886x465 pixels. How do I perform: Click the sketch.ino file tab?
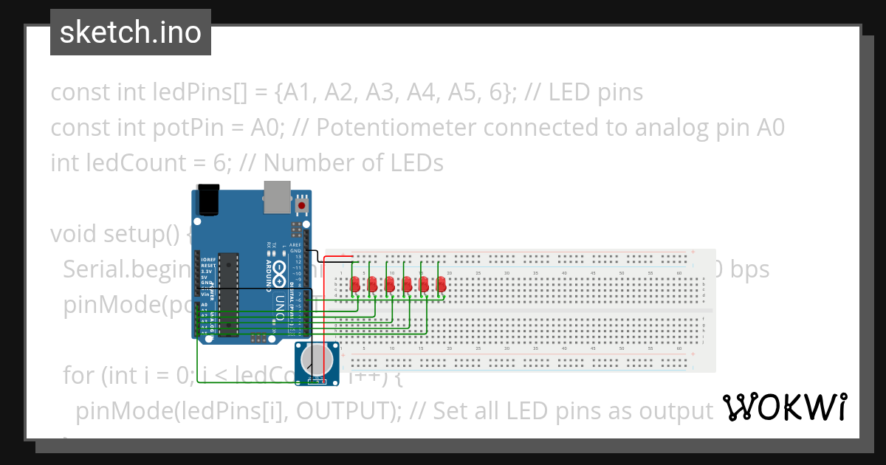(130, 32)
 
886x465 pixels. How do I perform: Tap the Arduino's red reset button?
(301, 204)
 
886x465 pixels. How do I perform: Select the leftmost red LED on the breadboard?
(355, 283)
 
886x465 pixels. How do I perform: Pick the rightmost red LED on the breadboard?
(442, 283)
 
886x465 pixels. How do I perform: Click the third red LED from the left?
(390, 283)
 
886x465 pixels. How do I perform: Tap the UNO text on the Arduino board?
(281, 304)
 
